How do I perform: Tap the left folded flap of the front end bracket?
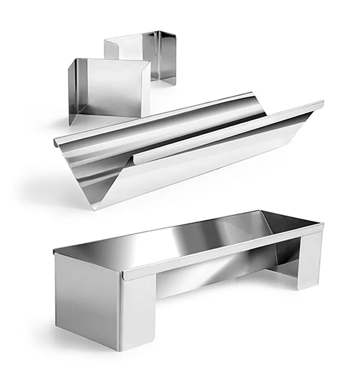[x=75, y=92]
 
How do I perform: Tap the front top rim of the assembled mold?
[x=223, y=253]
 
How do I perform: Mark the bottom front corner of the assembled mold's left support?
[x=122, y=350]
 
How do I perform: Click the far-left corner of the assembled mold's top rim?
[x=54, y=252]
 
